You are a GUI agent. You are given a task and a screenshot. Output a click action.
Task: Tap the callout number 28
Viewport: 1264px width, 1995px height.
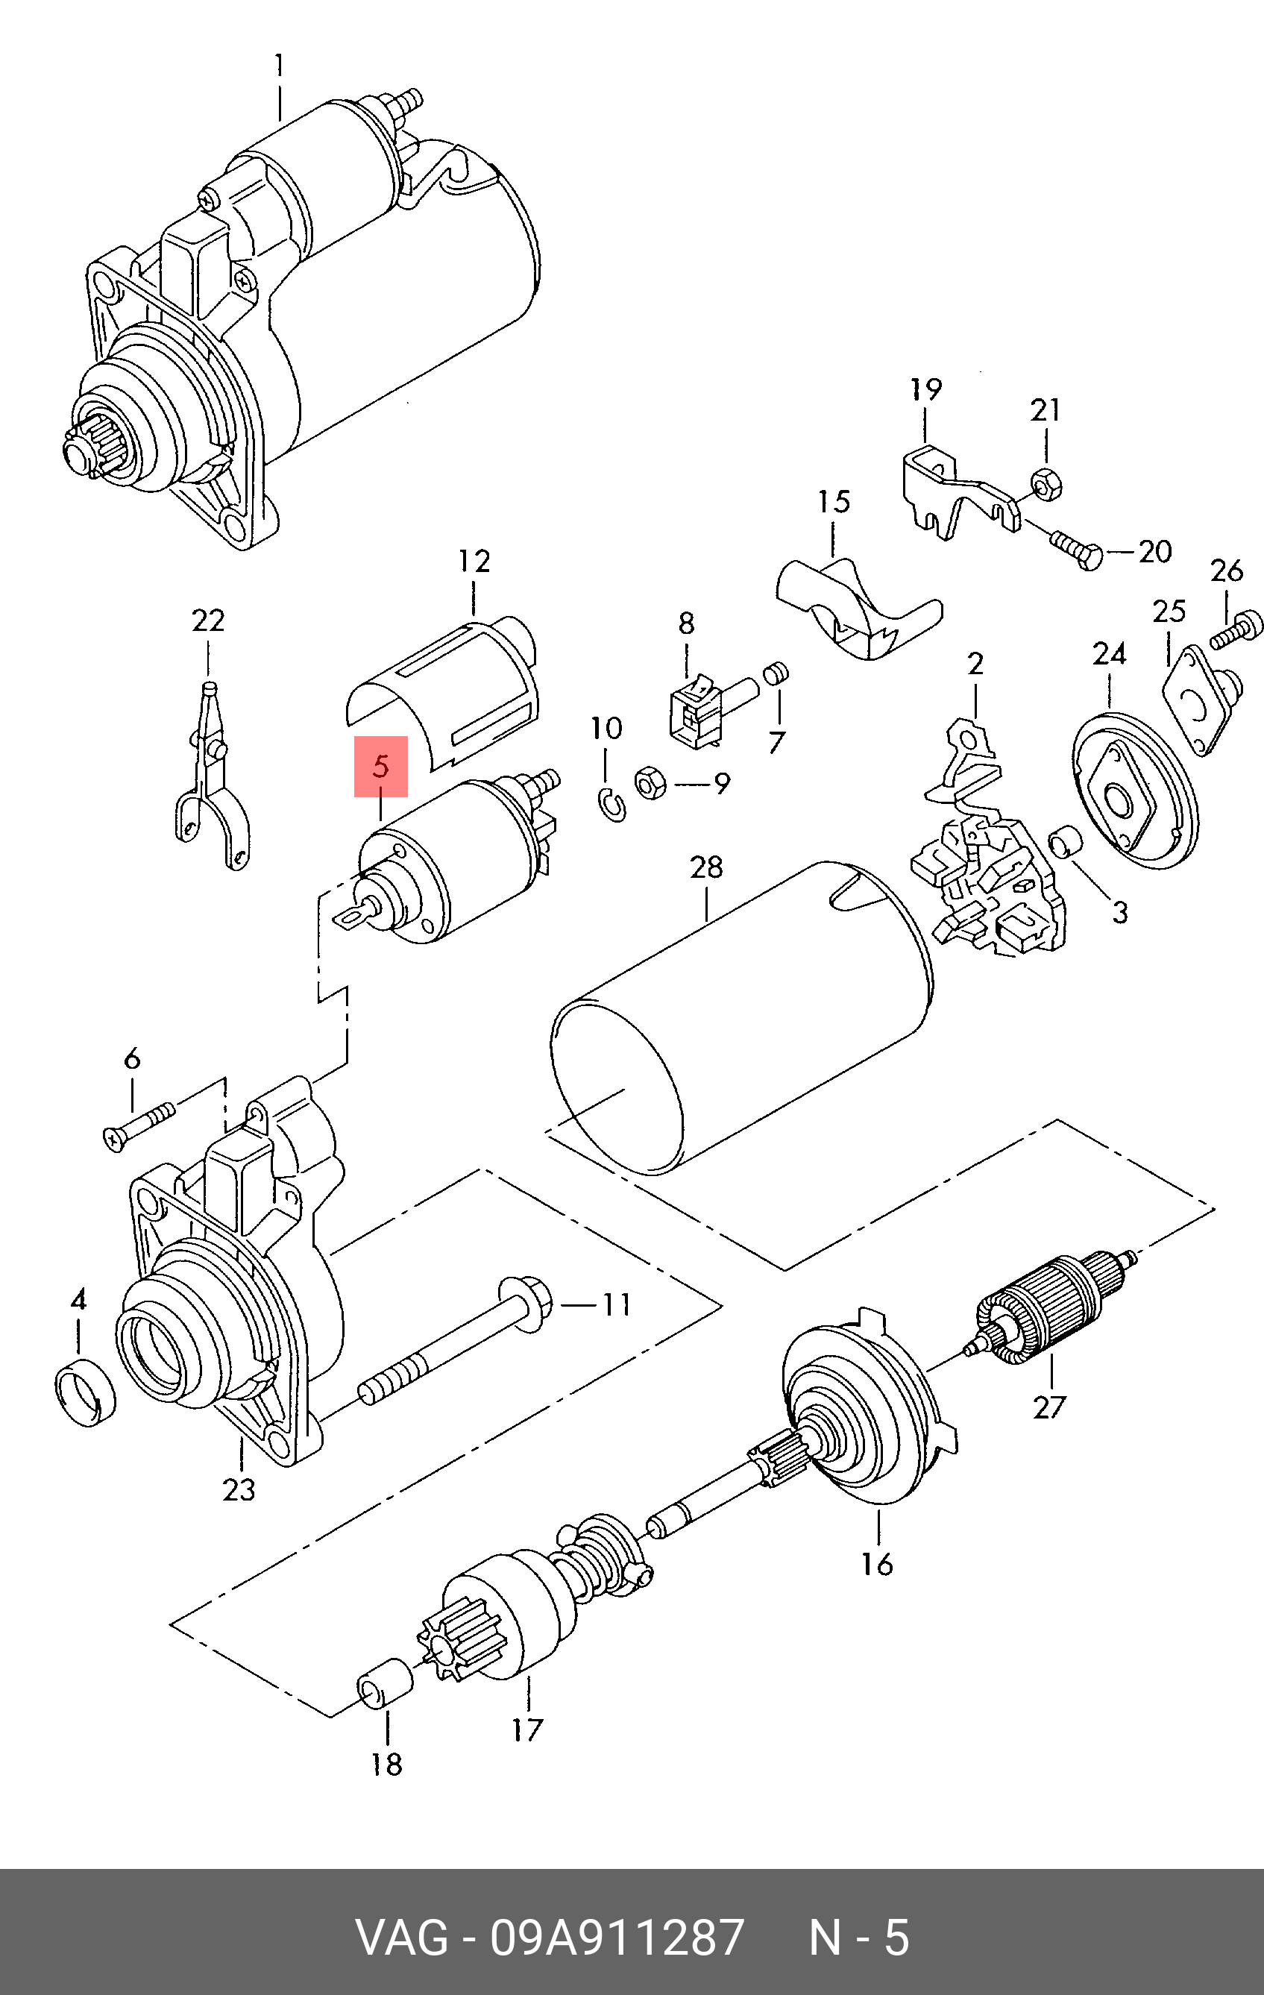705,867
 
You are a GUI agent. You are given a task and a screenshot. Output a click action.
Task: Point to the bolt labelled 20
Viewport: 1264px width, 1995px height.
1075,552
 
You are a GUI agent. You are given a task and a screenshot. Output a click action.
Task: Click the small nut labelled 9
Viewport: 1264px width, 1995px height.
650,783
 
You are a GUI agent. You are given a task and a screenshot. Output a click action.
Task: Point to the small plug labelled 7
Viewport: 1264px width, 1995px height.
776,673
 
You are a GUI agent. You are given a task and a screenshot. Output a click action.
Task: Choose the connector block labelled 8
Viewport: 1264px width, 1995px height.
696,704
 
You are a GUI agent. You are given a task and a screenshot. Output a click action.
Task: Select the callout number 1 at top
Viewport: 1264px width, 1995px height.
278,66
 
